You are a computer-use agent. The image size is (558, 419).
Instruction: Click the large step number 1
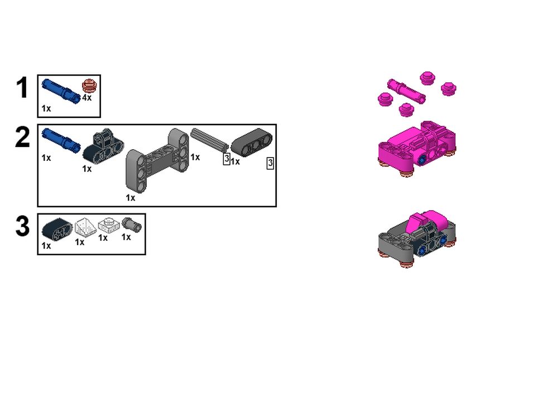pos(22,88)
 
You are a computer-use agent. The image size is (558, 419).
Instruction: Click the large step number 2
pos(22,137)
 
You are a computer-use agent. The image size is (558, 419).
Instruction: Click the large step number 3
pos(22,227)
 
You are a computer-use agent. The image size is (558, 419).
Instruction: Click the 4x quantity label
pos(86,98)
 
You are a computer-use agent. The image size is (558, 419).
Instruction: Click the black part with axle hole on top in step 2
pos(103,146)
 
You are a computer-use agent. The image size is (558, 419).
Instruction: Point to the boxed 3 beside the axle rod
pos(226,159)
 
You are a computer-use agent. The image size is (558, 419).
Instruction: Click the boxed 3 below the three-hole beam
pos(270,163)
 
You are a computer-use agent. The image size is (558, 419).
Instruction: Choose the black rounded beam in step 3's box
pos(57,229)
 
